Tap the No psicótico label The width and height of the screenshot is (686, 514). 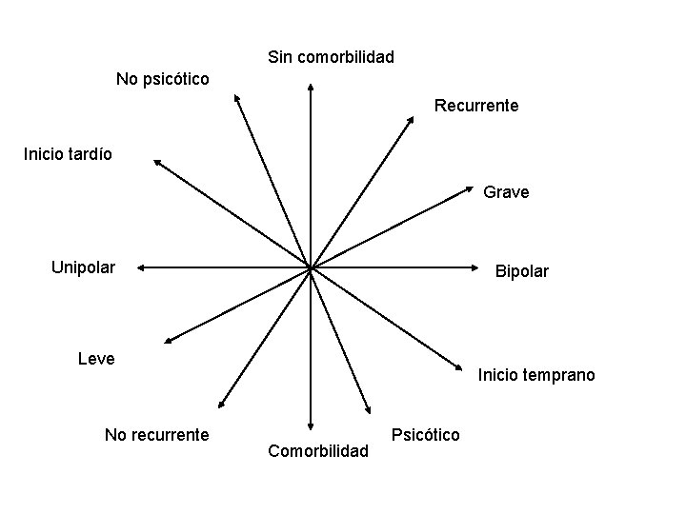tap(162, 77)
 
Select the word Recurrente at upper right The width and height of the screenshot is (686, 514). tap(476, 106)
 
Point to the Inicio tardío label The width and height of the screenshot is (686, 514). tap(68, 153)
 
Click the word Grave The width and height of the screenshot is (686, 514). tap(506, 192)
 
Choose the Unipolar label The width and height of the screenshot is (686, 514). tap(83, 267)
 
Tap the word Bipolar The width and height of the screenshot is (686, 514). tap(521, 271)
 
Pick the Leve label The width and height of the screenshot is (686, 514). tap(95, 359)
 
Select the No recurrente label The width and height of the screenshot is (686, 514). tap(156, 435)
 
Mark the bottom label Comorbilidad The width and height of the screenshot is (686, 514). tap(318, 450)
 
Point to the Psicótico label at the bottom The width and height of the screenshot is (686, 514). tap(425, 435)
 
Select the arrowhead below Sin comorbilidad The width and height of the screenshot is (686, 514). tap(311, 87)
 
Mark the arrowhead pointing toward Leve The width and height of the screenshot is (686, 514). tap(167, 339)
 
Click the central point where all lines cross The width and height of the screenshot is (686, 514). tap(311, 268)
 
